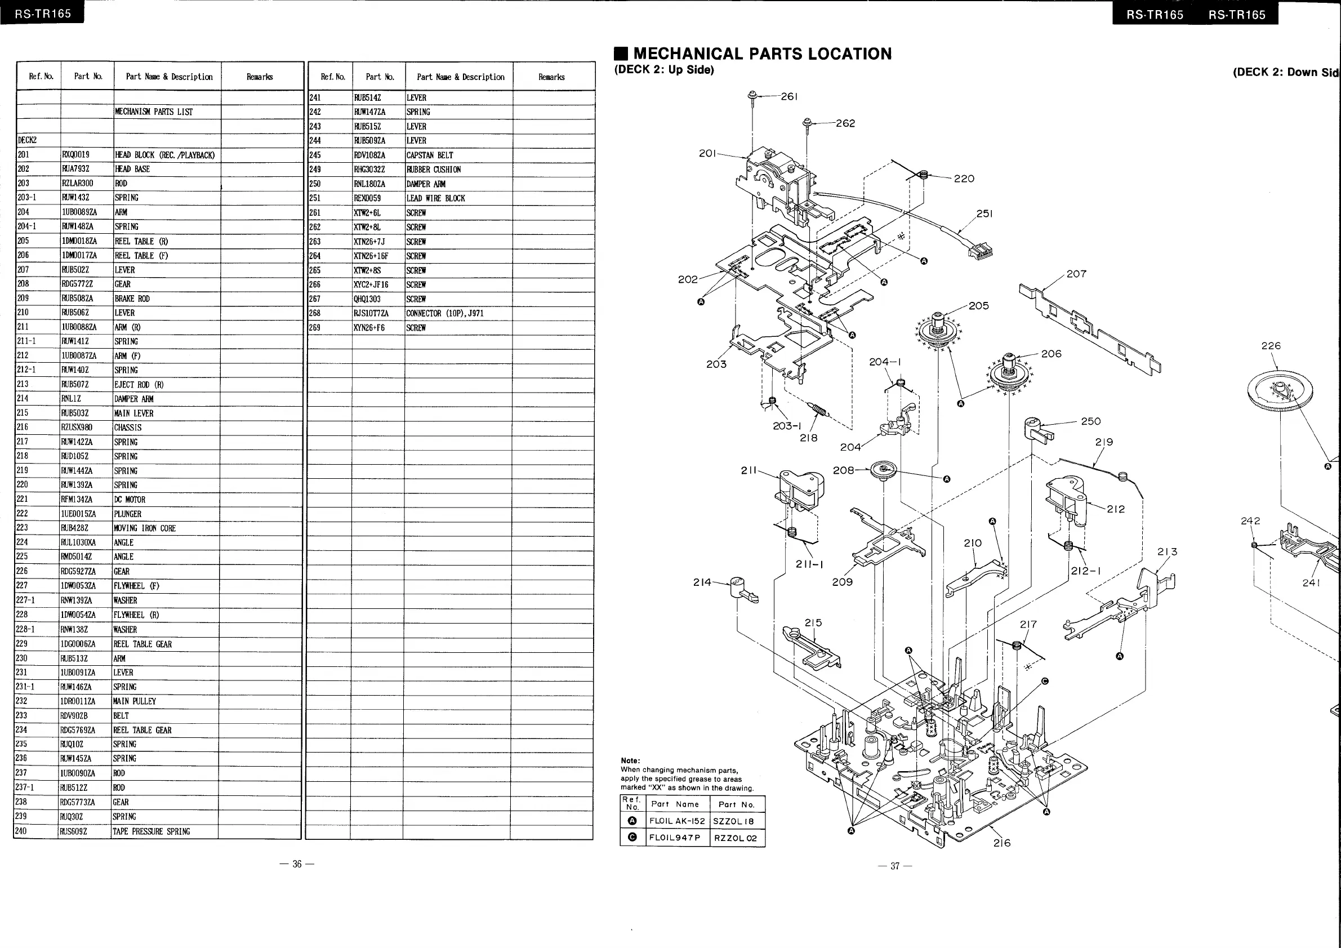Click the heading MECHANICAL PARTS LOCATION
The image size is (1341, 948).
click(762, 54)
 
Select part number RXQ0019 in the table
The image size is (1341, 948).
click(76, 155)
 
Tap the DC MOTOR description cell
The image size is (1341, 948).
click(130, 500)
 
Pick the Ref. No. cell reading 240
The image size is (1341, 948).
click(21, 831)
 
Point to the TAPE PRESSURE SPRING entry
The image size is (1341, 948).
click(152, 831)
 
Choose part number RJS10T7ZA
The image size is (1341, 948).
click(371, 313)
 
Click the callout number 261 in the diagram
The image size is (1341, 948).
click(789, 96)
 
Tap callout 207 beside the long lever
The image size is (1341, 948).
click(1076, 274)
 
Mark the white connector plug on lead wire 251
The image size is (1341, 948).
click(980, 252)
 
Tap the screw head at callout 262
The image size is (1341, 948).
click(807, 122)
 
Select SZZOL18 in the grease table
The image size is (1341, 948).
click(733, 821)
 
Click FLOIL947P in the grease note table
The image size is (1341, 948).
click(675, 838)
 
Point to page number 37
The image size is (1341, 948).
click(895, 866)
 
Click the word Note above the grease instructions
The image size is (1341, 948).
click(630, 760)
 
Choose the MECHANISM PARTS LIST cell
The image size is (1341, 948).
click(154, 112)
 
